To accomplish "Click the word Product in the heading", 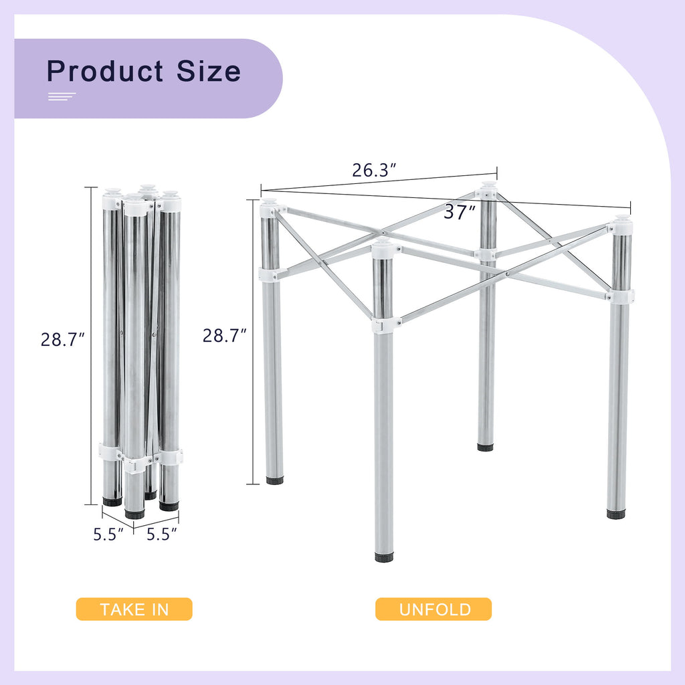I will tap(106, 71).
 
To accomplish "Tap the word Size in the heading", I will tap(209, 71).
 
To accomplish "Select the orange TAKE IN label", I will tap(134, 609).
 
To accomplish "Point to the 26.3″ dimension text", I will tap(375, 170).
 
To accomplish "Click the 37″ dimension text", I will tap(460, 213).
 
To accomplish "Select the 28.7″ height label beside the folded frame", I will tap(62, 340).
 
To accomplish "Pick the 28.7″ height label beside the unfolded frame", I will tap(225, 335).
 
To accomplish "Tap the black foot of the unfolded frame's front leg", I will tap(384, 557).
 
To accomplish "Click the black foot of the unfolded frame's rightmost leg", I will tap(616, 514).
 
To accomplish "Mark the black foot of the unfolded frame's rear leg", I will tap(485, 446).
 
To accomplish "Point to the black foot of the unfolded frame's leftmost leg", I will tap(274, 480).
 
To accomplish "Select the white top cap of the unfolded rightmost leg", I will tap(622, 225).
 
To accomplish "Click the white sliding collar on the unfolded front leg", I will tap(383, 325).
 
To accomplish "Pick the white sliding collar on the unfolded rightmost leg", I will tap(621, 296).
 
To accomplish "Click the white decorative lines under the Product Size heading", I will tap(62, 97).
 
